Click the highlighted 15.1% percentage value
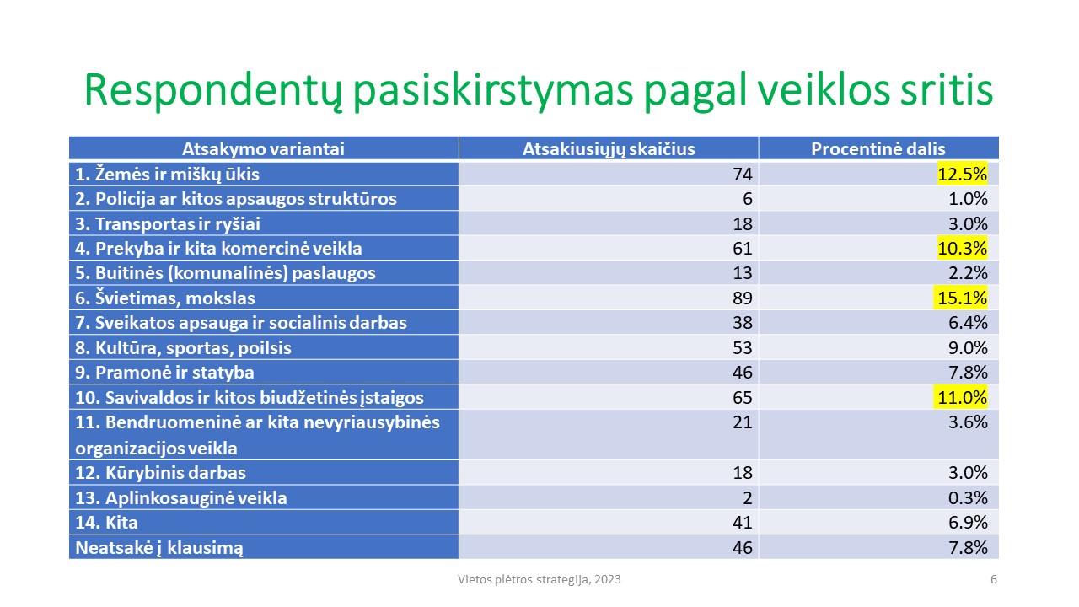point(962,298)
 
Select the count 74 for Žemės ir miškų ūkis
point(743,174)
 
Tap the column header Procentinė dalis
point(878,149)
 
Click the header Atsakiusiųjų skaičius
point(609,149)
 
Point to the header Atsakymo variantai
point(264,149)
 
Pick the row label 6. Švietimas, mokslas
point(165,298)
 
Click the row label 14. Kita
point(106,522)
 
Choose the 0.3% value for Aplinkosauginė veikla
point(968,497)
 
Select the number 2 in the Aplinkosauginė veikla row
point(747,497)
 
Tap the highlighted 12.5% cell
point(962,174)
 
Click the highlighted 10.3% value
point(962,248)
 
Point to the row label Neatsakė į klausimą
point(159,548)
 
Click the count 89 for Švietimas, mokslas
point(743,298)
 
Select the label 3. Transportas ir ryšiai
point(168,224)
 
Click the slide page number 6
point(993,579)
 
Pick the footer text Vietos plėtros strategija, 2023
point(539,579)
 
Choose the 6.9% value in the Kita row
point(968,522)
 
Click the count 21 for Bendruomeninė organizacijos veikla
point(743,422)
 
